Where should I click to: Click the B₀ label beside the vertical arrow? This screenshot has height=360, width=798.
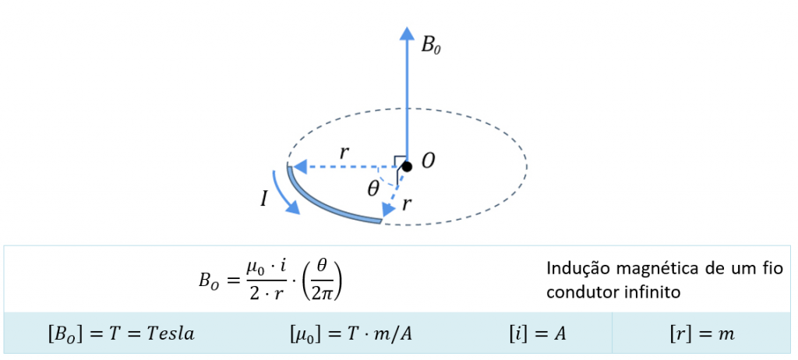431,44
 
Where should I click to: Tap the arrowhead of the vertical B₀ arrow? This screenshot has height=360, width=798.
406,32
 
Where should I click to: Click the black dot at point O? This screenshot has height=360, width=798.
406,166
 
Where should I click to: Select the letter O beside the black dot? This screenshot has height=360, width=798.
428,161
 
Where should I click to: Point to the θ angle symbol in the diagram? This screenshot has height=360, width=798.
374,189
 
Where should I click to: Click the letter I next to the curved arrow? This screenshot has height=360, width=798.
264,199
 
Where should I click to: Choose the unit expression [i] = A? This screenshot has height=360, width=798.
533,334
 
